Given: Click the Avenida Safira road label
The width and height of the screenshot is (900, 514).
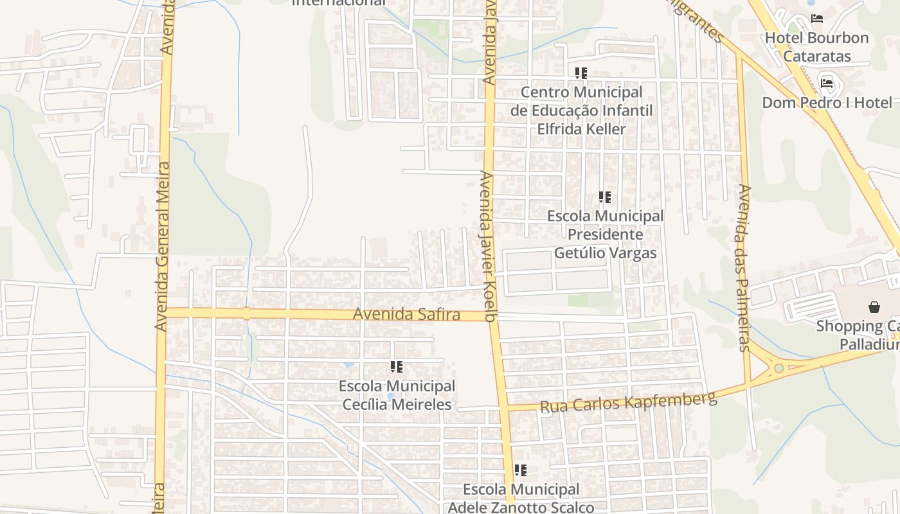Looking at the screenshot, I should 406,315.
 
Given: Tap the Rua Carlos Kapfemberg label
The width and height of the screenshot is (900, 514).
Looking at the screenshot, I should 628,402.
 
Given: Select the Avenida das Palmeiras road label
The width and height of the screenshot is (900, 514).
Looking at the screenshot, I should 744,268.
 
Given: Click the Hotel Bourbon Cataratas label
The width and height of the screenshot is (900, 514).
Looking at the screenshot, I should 816,47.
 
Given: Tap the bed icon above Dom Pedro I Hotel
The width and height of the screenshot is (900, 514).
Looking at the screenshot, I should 827,83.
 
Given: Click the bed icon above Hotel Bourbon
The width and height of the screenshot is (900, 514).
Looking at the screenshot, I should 817,19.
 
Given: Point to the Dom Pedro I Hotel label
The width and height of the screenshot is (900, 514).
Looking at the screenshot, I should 827,103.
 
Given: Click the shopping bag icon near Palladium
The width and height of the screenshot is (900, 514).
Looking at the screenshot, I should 874,307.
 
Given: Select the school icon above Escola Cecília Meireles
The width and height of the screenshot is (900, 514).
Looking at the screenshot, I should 397,367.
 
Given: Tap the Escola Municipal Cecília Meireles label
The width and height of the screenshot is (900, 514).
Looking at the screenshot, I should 397,395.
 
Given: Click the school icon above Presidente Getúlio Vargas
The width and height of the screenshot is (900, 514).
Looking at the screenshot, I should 604,197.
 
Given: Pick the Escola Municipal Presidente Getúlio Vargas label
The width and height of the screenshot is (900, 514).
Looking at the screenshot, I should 605,235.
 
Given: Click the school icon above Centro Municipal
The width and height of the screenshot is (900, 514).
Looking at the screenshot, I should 581,73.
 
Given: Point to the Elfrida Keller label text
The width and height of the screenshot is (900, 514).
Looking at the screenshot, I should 581,129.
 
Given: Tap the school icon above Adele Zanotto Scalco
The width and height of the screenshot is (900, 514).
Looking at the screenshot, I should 521,470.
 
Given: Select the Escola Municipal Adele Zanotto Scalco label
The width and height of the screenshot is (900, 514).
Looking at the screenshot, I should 521,499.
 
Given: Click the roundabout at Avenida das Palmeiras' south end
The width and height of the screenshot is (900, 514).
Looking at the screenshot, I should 779,368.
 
